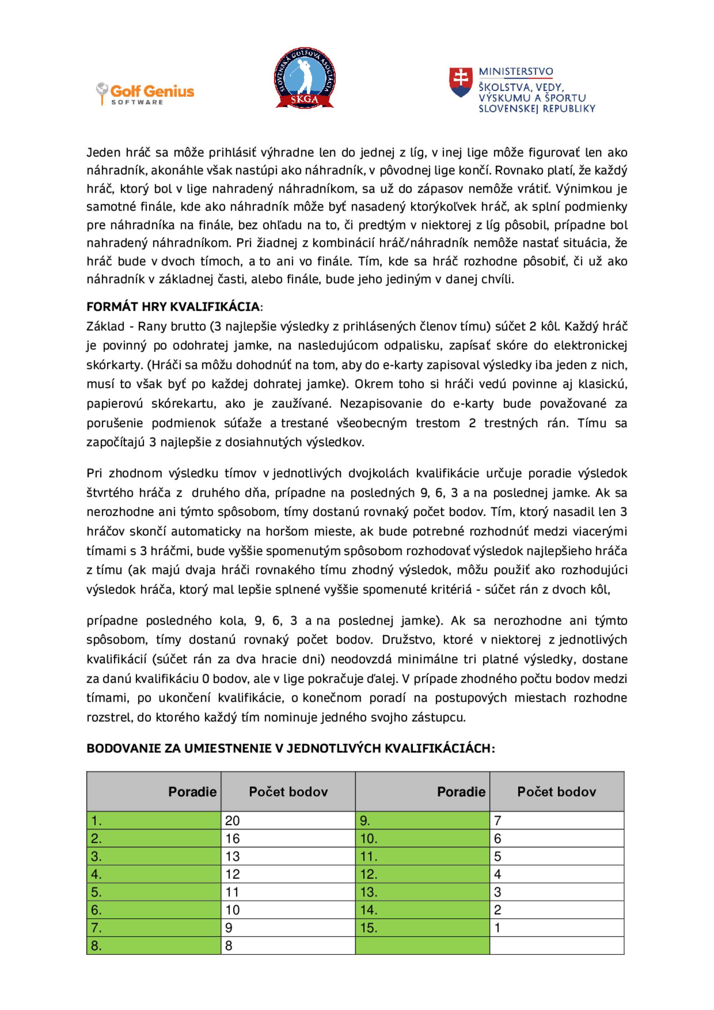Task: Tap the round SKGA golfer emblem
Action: point(305,77)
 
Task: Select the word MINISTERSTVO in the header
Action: point(516,71)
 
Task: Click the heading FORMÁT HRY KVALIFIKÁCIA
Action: point(173,307)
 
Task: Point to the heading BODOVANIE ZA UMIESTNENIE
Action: point(290,748)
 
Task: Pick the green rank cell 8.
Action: point(154,946)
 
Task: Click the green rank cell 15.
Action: point(422,928)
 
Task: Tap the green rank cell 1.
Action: point(154,820)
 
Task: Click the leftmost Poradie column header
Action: point(192,792)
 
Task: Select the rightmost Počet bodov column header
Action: point(557,792)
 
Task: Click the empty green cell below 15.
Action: point(422,946)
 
